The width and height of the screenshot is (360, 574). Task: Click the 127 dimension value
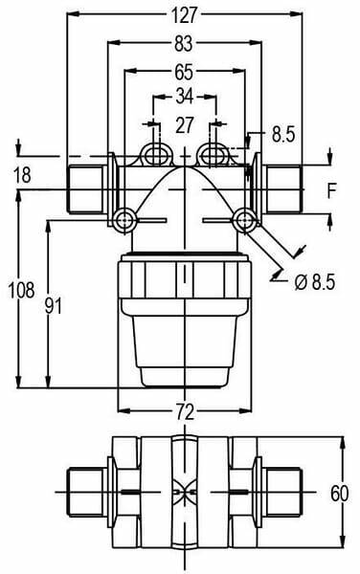(x=184, y=15)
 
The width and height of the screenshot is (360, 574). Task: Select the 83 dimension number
(x=183, y=44)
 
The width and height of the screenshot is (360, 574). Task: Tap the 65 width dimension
(x=184, y=72)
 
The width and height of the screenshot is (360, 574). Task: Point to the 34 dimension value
(x=184, y=97)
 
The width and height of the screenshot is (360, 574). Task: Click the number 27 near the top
(x=184, y=125)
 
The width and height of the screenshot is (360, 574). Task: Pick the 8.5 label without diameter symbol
(x=283, y=134)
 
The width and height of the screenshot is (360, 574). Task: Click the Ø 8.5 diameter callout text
(x=315, y=282)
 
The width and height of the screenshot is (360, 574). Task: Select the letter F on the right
(x=331, y=190)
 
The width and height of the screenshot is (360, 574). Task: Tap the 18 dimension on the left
(x=22, y=175)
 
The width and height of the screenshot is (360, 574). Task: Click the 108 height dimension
(x=22, y=290)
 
